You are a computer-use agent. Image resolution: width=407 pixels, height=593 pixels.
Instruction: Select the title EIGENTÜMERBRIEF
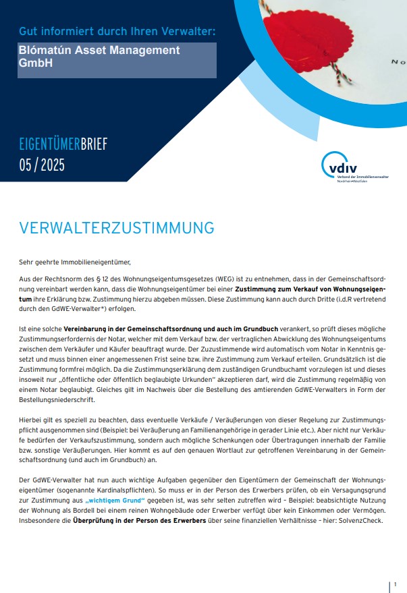63,144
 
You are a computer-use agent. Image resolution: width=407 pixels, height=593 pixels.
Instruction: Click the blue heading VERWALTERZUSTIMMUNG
117,227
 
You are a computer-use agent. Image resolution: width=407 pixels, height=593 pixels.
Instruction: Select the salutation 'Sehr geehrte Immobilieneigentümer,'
74,261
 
